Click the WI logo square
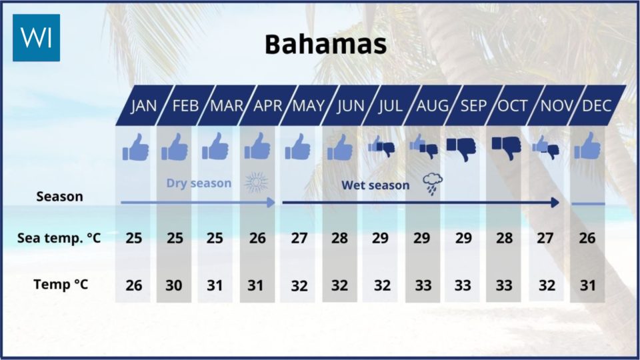click(x=36, y=37)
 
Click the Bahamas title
click(x=326, y=44)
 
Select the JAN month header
click(x=144, y=106)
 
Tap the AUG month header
click(x=432, y=106)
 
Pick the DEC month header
click(x=597, y=106)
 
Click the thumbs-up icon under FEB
click(x=175, y=147)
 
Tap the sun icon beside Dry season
click(x=256, y=182)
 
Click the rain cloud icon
click(x=433, y=184)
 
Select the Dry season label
click(x=199, y=183)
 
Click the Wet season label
click(x=375, y=185)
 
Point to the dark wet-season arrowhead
click(x=555, y=203)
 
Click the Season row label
click(x=59, y=197)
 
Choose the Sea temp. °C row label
click(x=59, y=238)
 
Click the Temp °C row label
click(x=61, y=284)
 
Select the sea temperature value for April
click(x=257, y=238)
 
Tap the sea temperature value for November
click(x=545, y=238)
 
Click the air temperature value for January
click(x=134, y=285)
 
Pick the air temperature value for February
click(x=174, y=285)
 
